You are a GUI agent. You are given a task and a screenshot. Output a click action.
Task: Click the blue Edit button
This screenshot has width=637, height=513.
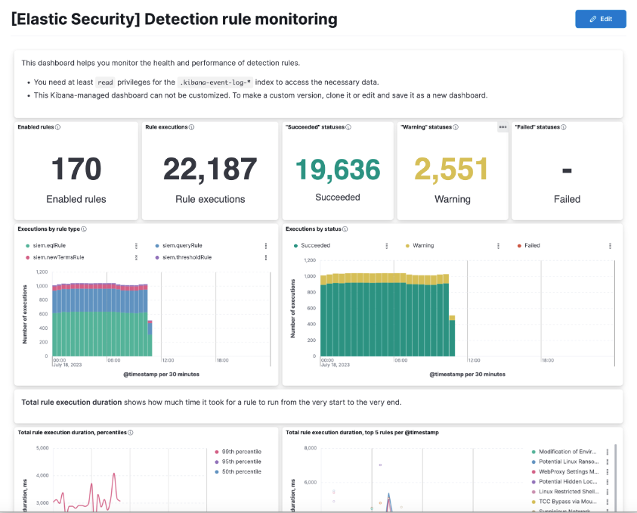pyautogui.click(x=600, y=19)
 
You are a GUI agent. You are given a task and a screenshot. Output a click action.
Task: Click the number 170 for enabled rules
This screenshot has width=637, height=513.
pyautogui.click(x=76, y=169)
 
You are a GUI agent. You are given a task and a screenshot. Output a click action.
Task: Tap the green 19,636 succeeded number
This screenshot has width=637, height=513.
pyautogui.click(x=337, y=169)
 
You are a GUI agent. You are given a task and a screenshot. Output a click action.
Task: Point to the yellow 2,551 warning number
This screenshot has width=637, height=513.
pyautogui.click(x=452, y=170)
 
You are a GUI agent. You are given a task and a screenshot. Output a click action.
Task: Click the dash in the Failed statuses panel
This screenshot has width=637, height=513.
pyautogui.click(x=567, y=170)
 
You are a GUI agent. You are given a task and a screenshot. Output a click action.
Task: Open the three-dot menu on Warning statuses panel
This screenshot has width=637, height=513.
pyautogui.click(x=502, y=127)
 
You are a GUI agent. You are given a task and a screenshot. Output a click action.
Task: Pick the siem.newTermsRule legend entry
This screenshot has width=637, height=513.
pyautogui.click(x=57, y=257)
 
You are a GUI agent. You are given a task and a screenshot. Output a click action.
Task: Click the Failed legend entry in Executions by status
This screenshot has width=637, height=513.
pyautogui.click(x=532, y=246)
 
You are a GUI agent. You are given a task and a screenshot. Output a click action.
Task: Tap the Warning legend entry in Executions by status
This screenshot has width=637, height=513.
pyautogui.click(x=422, y=246)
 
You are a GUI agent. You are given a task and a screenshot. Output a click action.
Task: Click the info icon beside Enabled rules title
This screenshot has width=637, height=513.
pyautogui.click(x=58, y=127)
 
